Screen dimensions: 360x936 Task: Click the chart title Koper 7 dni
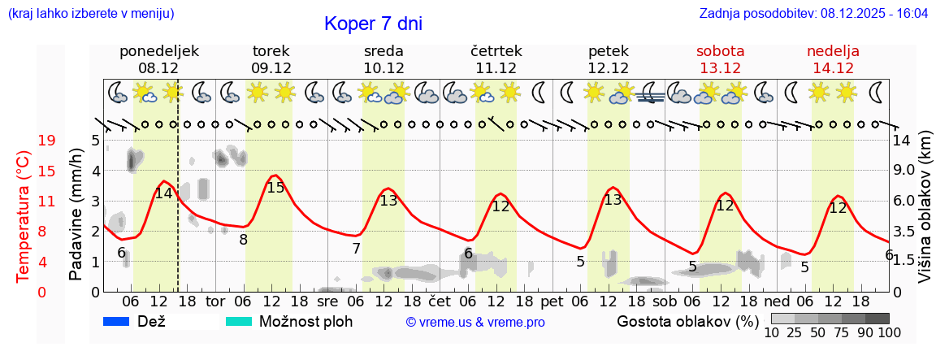pyautogui.click(x=373, y=24)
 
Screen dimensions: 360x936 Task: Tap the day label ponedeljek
pyautogui.click(x=158, y=51)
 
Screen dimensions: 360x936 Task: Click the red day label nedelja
pyautogui.click(x=833, y=51)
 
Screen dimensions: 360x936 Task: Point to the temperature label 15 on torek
pyautogui.click(x=275, y=188)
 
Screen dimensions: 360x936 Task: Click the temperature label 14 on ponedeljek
pyautogui.click(x=164, y=193)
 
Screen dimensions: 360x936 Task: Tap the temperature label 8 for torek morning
pyautogui.click(x=243, y=240)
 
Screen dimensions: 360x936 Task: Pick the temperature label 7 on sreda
pyautogui.click(x=356, y=249)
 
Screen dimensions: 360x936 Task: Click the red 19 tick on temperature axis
pyautogui.click(x=47, y=141)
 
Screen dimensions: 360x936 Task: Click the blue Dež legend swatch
pyautogui.click(x=117, y=322)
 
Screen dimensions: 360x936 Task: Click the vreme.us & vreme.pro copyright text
pyautogui.click(x=475, y=323)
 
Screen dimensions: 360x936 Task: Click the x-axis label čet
pyautogui.click(x=440, y=301)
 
